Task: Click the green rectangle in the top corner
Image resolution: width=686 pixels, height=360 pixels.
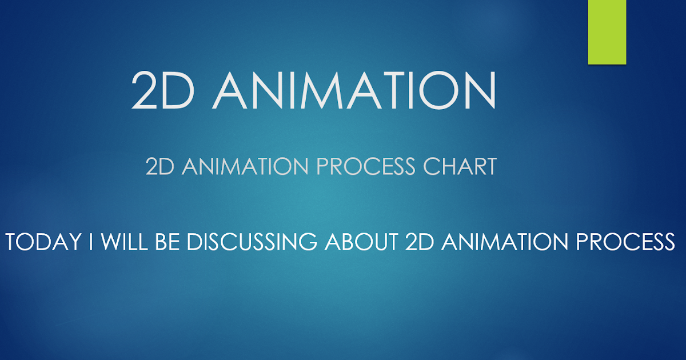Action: pyautogui.click(x=607, y=32)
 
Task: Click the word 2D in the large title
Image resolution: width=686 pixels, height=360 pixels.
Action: pyautogui.click(x=163, y=90)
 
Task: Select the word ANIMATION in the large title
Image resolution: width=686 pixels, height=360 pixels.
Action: pyautogui.click(x=354, y=90)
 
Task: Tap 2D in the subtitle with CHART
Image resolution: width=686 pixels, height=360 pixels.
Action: pyautogui.click(x=159, y=166)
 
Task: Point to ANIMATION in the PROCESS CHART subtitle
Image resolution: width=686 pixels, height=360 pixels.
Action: pyautogui.click(x=245, y=166)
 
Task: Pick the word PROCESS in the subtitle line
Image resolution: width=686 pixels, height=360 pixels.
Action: pyautogui.click(x=366, y=166)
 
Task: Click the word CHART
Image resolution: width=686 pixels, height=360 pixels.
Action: pyautogui.click(x=460, y=166)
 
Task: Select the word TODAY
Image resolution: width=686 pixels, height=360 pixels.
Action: pyautogui.click(x=43, y=242)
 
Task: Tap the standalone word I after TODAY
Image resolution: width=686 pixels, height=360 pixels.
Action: pyautogui.click(x=90, y=242)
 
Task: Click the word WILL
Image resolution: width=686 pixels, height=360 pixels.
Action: pyautogui.click(x=125, y=242)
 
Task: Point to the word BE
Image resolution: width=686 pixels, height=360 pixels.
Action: pyautogui.click(x=167, y=242)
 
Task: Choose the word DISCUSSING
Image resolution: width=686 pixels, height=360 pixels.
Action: pyautogui.click(x=252, y=242)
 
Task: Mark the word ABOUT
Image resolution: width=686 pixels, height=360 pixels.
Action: pyautogui.click(x=362, y=242)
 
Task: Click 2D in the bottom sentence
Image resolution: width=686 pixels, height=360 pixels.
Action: pyautogui.click(x=420, y=242)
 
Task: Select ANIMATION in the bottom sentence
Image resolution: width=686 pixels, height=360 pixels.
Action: pyautogui.click(x=505, y=242)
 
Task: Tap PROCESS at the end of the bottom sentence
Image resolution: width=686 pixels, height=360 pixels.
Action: pyautogui.click(x=625, y=242)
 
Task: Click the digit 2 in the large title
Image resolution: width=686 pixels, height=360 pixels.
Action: pyautogui.click(x=143, y=90)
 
